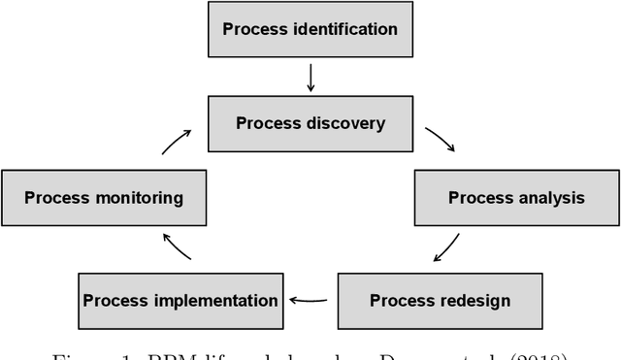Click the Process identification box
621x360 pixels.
[310, 29]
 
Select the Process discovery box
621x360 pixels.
[310, 123]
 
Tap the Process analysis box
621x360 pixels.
[516, 198]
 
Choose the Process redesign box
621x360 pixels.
[440, 300]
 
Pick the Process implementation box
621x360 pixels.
[180, 300]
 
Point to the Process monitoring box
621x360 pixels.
[104, 198]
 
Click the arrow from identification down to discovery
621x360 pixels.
[310, 77]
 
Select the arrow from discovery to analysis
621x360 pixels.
[440, 141]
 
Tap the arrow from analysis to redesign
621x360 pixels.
[447, 246]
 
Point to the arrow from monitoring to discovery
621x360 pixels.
[178, 142]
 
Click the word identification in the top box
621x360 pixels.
[343, 29]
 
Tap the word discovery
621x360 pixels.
[343, 123]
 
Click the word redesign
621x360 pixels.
[475, 300]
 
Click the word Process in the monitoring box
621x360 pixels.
[56, 198]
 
